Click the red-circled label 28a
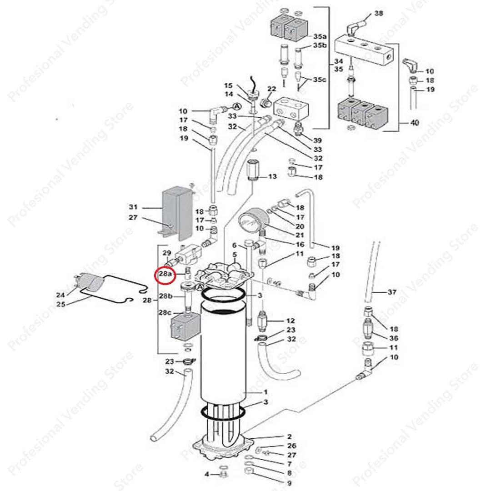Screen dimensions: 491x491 click(165, 274)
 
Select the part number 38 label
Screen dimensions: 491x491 click(379, 13)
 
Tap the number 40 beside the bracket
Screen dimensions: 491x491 click(415, 123)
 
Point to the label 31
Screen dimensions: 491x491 click(133, 207)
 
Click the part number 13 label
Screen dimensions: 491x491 click(272, 176)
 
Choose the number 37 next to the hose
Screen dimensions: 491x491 click(392, 292)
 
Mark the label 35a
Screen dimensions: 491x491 click(320, 37)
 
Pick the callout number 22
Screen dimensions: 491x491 click(271, 89)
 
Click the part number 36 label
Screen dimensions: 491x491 click(394, 338)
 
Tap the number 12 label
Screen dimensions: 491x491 click(290, 321)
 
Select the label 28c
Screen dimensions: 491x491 click(165, 312)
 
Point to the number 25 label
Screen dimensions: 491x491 click(61, 304)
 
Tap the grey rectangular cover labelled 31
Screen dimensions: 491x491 click(176, 213)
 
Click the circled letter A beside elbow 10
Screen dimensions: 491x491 click(237, 106)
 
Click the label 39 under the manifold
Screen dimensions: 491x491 click(317, 140)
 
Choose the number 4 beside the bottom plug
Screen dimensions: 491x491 click(207, 475)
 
